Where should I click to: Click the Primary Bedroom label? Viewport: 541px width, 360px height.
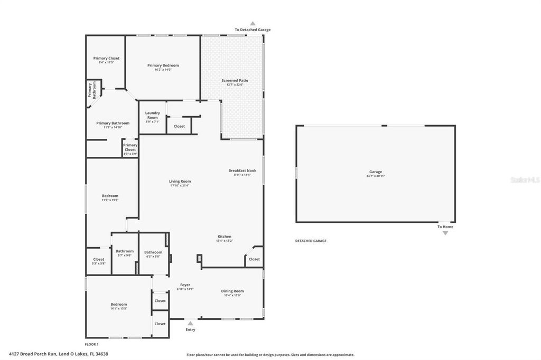pos(163,65)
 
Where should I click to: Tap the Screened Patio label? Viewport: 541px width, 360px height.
pos(235,80)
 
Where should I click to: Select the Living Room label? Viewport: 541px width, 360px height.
pos(180,181)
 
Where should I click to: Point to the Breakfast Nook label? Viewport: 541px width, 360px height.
pos(242,170)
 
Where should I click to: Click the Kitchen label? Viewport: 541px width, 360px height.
pos(224,236)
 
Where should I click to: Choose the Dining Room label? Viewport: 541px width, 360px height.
pos(232,291)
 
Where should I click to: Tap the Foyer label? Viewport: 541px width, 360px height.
pos(185,285)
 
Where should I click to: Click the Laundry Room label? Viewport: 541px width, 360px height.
pos(152,115)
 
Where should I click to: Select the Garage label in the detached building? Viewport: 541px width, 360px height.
pos(375,172)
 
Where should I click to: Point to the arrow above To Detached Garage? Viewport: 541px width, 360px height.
pos(253,23)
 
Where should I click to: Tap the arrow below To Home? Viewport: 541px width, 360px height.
pos(445,233)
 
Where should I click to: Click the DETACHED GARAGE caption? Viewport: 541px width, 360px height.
pos(311,241)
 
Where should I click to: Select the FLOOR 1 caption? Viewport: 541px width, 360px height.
pos(92,344)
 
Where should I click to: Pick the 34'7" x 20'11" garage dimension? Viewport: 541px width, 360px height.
pos(375,176)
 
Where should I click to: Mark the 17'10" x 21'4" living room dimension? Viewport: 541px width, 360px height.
pos(180,185)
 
